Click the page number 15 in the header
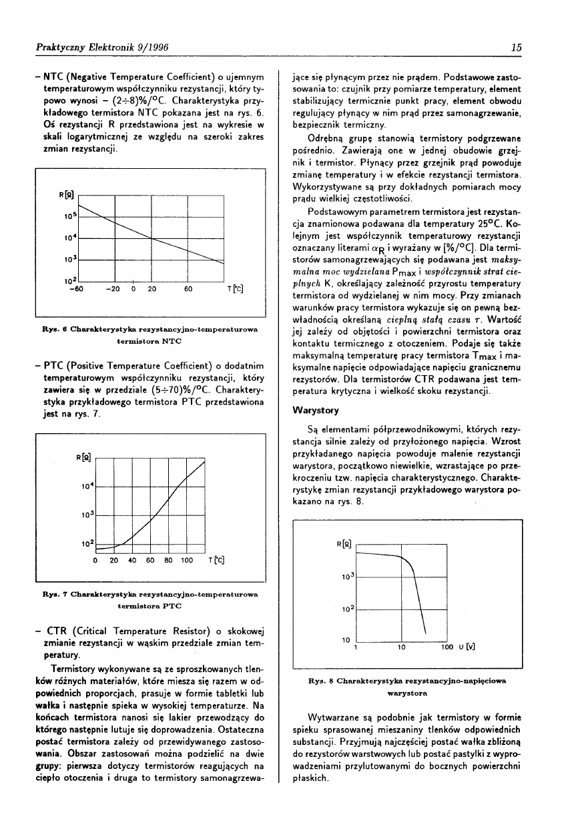[x=517, y=47]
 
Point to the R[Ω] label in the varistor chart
[x=345, y=545]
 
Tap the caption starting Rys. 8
[x=407, y=687]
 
